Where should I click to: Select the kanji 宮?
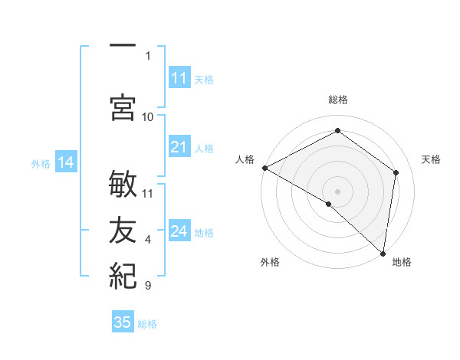[x=123, y=106]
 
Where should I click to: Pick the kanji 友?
[x=123, y=229]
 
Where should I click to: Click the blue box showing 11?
[x=179, y=78]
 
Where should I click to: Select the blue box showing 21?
[x=179, y=147]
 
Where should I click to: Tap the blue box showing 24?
[x=179, y=231]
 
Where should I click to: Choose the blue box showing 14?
[x=65, y=162]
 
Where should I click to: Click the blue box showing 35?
[x=123, y=322]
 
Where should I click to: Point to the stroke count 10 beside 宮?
[x=148, y=116]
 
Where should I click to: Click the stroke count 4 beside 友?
[x=148, y=240]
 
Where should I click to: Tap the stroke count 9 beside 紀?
[x=148, y=286]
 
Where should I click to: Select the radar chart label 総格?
[x=337, y=100]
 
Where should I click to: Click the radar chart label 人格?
[x=245, y=159]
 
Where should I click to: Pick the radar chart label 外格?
[x=269, y=262]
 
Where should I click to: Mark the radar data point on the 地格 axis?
[x=383, y=253]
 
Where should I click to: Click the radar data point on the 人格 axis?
[x=264, y=168]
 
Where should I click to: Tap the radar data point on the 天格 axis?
[x=396, y=172]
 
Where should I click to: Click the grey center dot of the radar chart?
[x=337, y=191]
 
